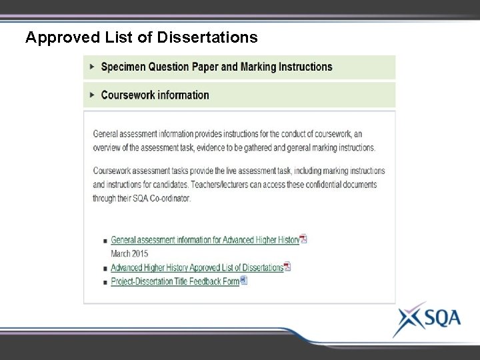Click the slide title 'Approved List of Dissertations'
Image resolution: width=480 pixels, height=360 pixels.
pos(141,37)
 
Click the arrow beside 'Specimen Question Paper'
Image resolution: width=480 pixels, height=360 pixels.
pos(91,67)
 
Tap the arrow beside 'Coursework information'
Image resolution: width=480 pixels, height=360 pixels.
pos(91,95)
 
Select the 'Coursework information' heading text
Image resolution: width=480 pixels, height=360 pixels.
pos(155,95)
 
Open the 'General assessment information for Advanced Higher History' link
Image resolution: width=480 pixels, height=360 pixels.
pos(205,240)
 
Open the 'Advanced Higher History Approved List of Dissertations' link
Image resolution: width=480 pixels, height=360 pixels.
pos(197,267)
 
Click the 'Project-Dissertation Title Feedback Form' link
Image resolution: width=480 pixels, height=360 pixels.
pos(175,281)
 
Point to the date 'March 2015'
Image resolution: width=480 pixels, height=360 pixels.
pos(129,253)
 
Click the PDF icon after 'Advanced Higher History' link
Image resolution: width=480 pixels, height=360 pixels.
pos(303,239)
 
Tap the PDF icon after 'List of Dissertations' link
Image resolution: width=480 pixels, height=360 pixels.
pos(287,267)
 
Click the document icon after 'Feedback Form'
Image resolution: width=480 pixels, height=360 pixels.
pos(243,281)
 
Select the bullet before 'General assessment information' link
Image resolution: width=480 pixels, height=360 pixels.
pos(105,241)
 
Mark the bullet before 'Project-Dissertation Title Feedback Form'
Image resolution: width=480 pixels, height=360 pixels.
pos(105,282)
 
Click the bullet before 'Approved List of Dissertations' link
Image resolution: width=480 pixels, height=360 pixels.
pos(105,268)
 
